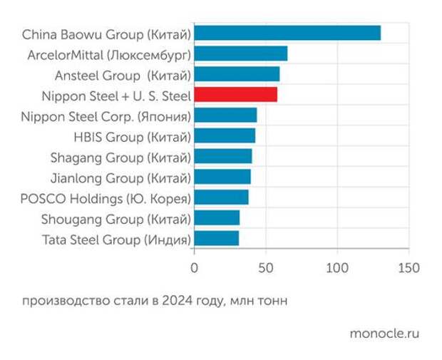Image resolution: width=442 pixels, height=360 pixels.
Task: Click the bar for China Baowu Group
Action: point(287,33)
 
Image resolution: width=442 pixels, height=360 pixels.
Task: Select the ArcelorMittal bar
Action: point(240,53)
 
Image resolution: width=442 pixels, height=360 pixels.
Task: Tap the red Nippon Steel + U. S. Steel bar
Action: point(235,94)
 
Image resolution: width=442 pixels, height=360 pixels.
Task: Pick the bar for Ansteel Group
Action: point(236,74)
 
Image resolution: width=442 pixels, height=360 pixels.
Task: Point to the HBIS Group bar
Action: point(224,135)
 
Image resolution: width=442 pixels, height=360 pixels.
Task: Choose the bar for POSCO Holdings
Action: point(221,197)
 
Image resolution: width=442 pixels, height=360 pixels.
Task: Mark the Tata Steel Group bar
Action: point(216,238)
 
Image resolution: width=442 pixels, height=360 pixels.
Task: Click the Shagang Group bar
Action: point(222,156)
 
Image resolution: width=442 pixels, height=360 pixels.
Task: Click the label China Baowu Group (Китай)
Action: point(106,34)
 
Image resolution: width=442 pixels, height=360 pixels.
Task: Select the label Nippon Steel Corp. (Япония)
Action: point(106,115)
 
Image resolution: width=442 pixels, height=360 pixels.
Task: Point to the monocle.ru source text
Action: point(385,334)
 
